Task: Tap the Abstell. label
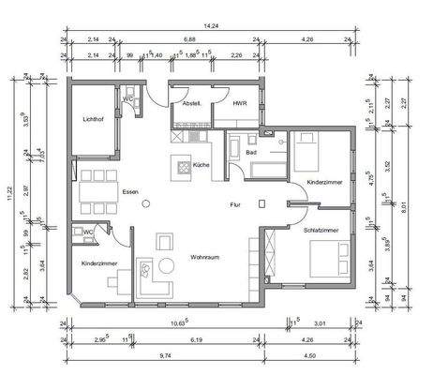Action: (x=193, y=103)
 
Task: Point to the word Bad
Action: (x=251, y=152)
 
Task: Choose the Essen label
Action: (x=130, y=191)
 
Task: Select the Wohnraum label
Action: (x=204, y=256)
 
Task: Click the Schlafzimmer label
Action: (x=321, y=229)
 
